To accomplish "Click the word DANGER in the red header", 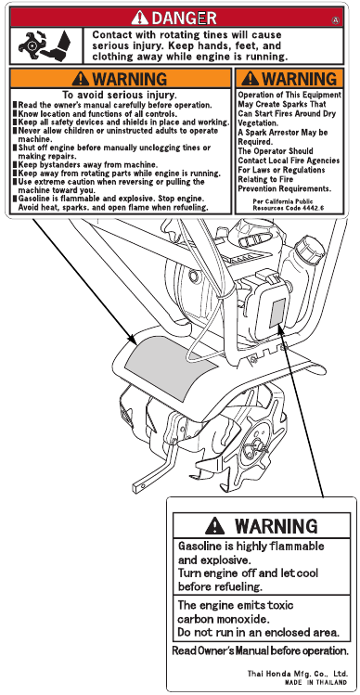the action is pyautogui.click(x=184, y=19).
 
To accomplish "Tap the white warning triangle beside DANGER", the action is pyautogui.click(x=140, y=18).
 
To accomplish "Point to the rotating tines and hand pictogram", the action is pyautogui.click(x=45, y=45).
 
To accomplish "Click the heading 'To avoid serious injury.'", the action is pyautogui.click(x=120, y=95).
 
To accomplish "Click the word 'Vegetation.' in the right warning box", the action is pyautogui.click(x=258, y=123).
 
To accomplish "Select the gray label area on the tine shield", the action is pyautogui.click(x=171, y=367).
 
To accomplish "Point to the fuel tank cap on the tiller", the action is pyautogui.click(x=309, y=249).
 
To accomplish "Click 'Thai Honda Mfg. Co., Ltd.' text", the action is pyautogui.click(x=297, y=674).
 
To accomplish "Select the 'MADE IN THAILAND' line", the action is pyautogui.click(x=315, y=682).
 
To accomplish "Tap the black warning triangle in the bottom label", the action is pyautogui.click(x=214, y=525).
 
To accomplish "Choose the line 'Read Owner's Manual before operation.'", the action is pyautogui.click(x=260, y=650).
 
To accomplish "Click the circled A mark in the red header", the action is pyautogui.click(x=336, y=19).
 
